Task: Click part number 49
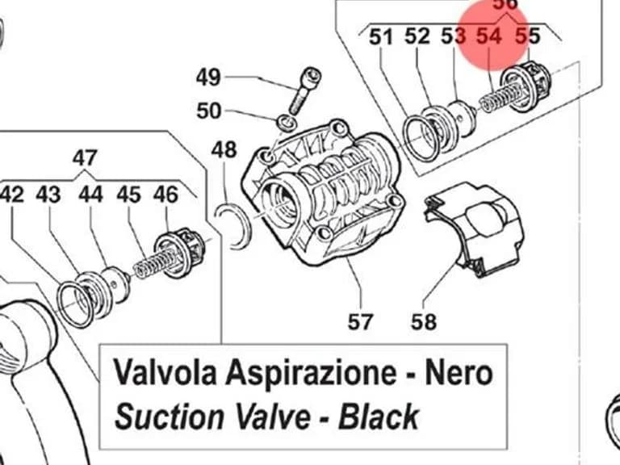pos(208,77)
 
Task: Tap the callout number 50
pos(209,111)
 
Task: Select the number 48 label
pos(224,150)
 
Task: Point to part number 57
pos(360,321)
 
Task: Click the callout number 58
pos(424,321)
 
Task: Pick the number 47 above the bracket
pos(85,157)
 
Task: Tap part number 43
pos(48,195)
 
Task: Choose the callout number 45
pos(128,195)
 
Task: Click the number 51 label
pos(381,37)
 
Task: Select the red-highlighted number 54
pos(488,36)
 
